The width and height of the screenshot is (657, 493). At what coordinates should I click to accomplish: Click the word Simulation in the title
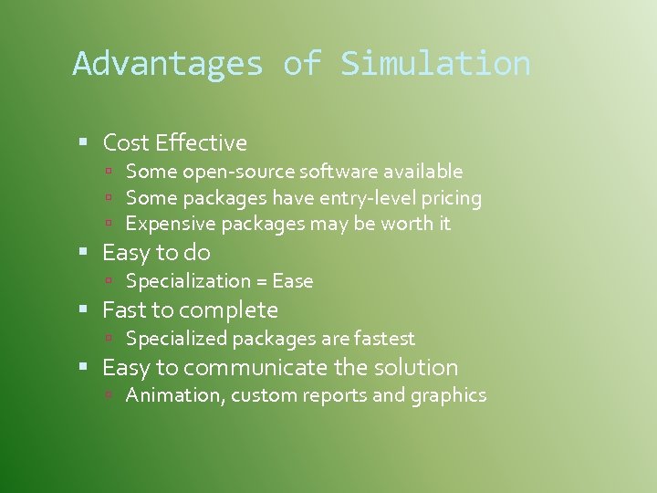pos(435,64)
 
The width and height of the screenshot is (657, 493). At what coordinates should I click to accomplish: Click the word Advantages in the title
pos(168,64)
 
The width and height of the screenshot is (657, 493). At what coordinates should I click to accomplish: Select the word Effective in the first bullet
pos(201,143)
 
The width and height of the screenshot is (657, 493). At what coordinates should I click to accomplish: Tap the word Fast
pos(123,310)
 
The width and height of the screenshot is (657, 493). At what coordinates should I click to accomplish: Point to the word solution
pos(415,368)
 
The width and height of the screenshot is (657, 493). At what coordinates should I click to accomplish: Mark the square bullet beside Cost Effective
pos(83,142)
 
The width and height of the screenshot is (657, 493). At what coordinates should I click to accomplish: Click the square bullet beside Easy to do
pos(83,252)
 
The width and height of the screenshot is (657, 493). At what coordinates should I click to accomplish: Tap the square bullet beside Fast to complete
pos(83,309)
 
